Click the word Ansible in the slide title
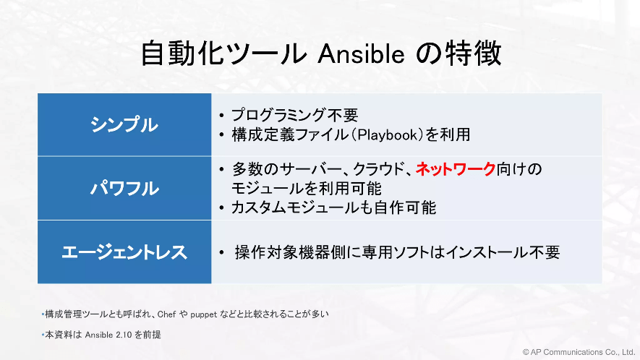[361, 53]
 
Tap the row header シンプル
[124, 124]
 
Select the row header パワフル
[124, 189]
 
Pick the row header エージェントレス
[124, 252]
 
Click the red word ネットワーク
[456, 169]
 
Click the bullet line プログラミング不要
[295, 115]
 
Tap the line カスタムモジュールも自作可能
[333, 207]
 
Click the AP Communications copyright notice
[579, 352]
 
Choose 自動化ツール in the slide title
[223, 53]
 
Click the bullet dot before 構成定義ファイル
[221, 135]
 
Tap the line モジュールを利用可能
[306, 189]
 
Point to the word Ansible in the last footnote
[99, 335]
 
